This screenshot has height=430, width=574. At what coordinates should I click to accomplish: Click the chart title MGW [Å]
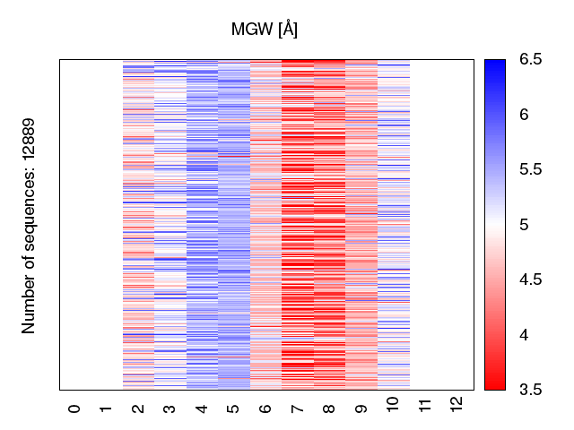265,30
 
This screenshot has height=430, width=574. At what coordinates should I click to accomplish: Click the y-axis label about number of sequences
29,225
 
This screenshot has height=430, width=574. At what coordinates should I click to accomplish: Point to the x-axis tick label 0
74,408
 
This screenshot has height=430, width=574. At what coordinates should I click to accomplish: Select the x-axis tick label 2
138,408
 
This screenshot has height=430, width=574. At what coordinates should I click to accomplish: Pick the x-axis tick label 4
202,408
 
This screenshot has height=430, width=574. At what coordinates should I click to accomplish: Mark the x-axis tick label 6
265,408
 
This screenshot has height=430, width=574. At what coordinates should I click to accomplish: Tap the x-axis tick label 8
329,408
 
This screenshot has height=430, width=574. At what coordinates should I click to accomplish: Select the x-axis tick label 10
393,406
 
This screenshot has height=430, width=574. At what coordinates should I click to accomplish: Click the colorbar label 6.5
530,60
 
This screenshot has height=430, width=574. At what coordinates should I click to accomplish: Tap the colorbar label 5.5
530,170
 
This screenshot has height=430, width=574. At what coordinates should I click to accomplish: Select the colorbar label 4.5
530,279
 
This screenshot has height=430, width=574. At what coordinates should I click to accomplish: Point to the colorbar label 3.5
530,389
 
